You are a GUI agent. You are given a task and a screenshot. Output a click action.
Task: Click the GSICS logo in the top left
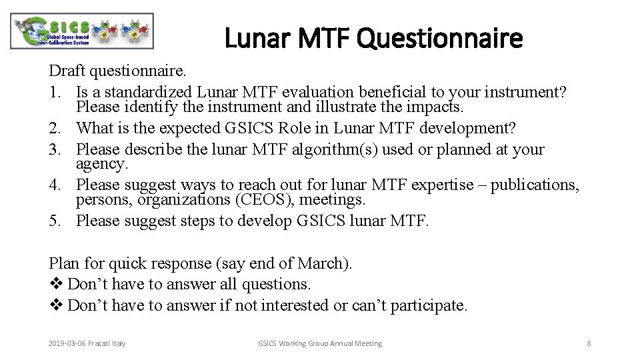point(83,31)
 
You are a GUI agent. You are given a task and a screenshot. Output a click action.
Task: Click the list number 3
point(54,149)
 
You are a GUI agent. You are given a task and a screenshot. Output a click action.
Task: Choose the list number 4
point(54,185)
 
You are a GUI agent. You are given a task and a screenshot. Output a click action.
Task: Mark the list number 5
point(54,221)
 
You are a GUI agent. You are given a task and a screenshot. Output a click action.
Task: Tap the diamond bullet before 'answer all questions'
point(56,284)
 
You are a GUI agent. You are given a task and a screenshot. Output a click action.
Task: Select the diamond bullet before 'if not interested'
point(56,305)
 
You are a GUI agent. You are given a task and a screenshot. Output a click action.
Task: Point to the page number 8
point(589,343)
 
